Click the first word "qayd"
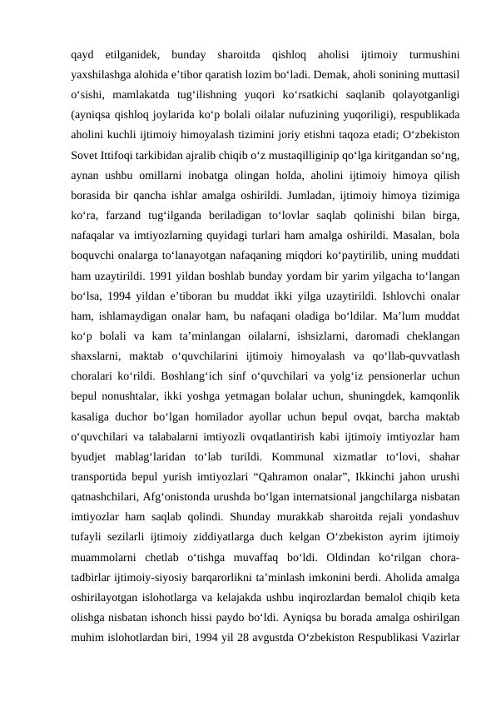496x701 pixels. click(x=82, y=54)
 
